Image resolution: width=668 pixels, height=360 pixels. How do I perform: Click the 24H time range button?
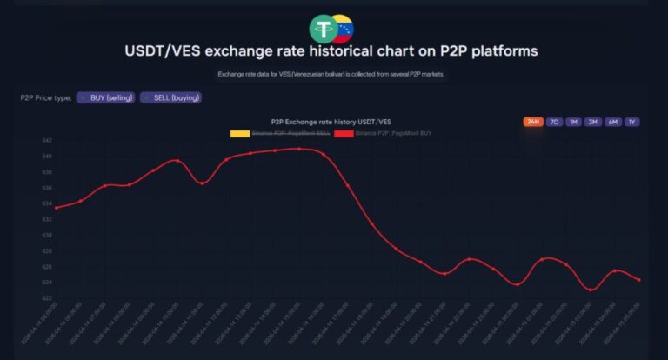pos(533,122)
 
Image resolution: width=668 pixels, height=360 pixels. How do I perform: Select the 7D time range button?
pos(554,122)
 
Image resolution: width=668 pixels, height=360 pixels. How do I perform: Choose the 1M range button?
pos(573,122)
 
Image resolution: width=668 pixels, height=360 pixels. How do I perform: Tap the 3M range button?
pos(593,122)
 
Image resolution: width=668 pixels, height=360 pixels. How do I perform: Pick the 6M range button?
pos(612,122)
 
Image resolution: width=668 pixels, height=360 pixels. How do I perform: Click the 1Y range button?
pos(631,122)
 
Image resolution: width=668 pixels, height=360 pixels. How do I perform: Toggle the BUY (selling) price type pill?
pos(105,97)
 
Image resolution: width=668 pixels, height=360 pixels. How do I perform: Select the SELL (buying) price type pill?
pos(171,97)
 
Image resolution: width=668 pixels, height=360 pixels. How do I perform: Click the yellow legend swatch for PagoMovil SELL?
pos(239,133)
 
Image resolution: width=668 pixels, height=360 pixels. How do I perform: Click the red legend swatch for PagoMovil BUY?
pos(343,133)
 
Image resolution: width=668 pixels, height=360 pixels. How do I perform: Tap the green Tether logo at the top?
pos(324,28)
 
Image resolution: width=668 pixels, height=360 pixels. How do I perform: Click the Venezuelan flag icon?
pos(342,30)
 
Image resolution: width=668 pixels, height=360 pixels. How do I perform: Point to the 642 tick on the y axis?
pos(46,140)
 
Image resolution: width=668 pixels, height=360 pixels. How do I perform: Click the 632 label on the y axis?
pos(46,219)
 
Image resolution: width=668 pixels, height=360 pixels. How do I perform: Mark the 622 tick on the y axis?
pos(46,298)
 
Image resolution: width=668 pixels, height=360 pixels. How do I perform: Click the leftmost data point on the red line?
pos(56,208)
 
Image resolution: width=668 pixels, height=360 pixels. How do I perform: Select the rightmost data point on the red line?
pos(639,279)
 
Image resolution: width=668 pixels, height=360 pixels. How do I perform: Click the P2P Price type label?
pos(45,97)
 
